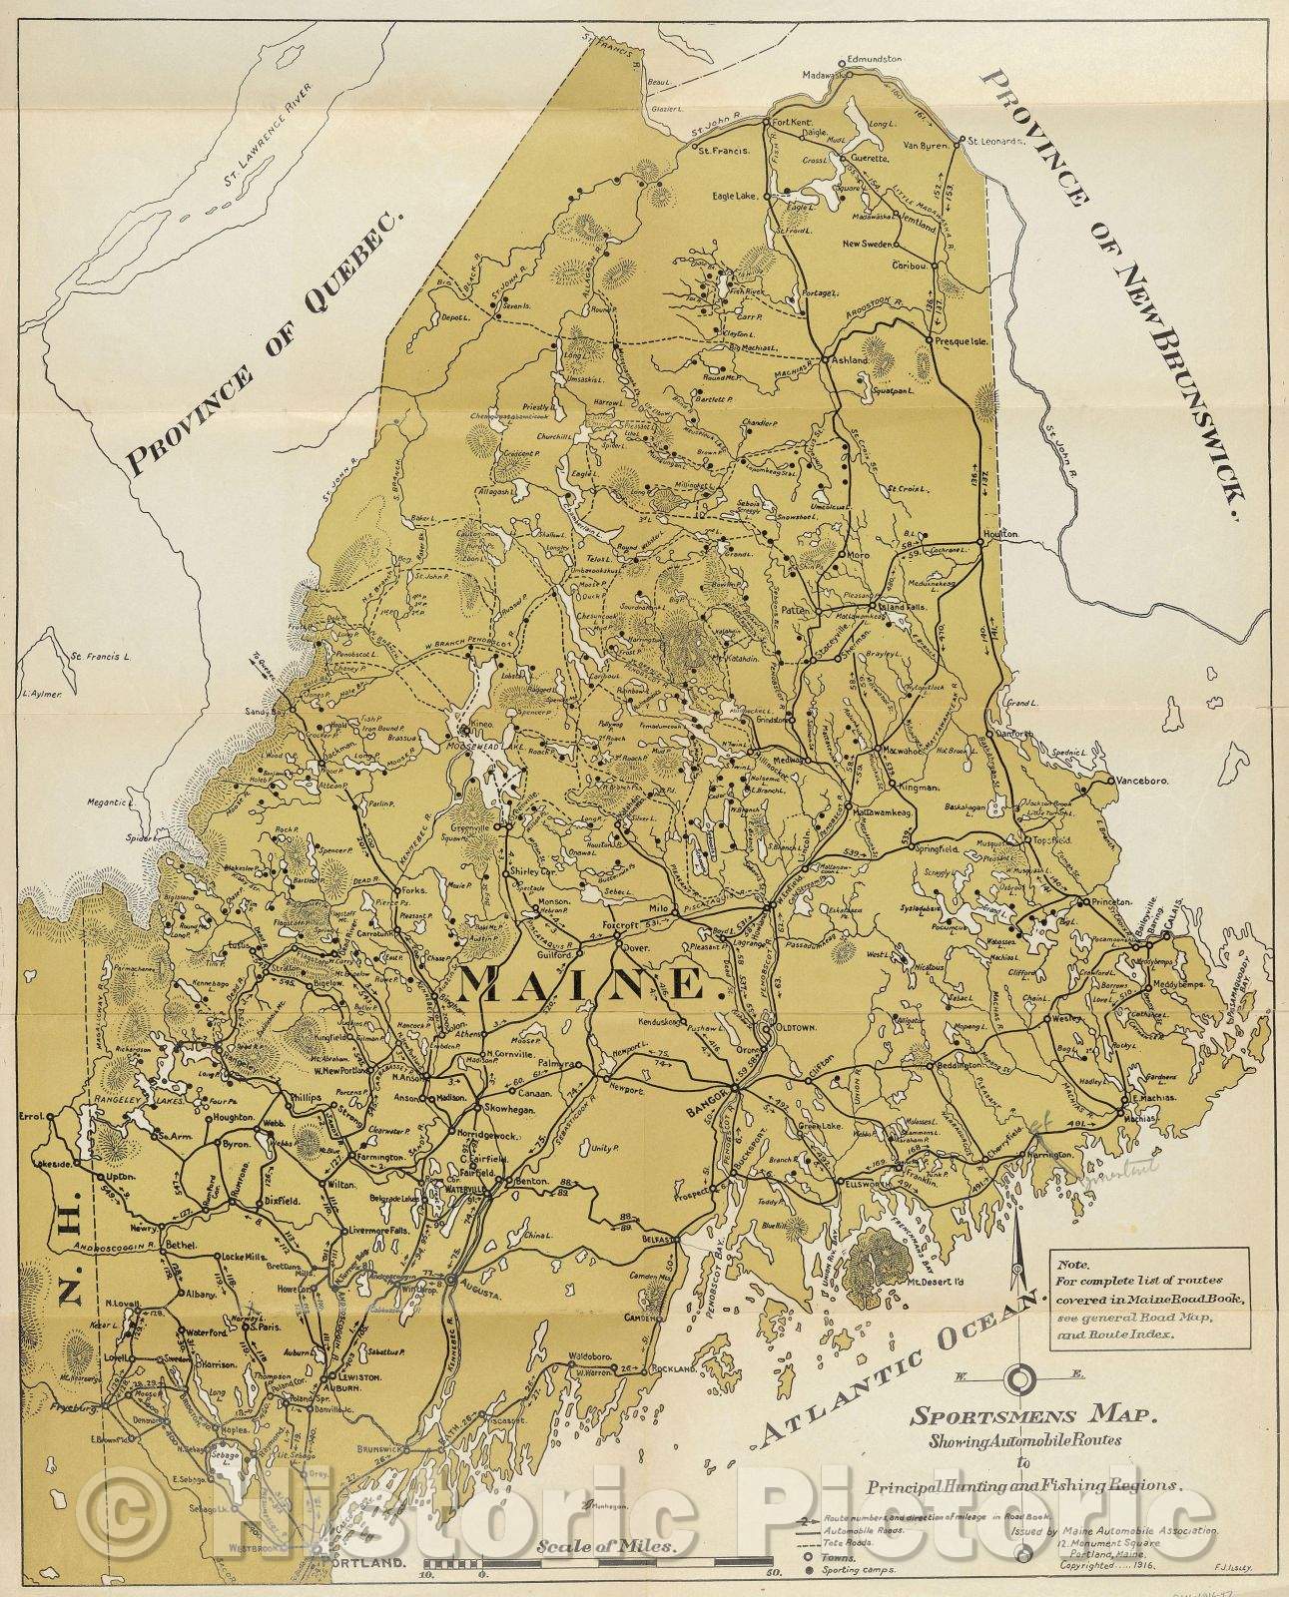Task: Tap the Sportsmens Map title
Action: (1032, 1413)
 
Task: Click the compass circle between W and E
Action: (1021, 1380)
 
